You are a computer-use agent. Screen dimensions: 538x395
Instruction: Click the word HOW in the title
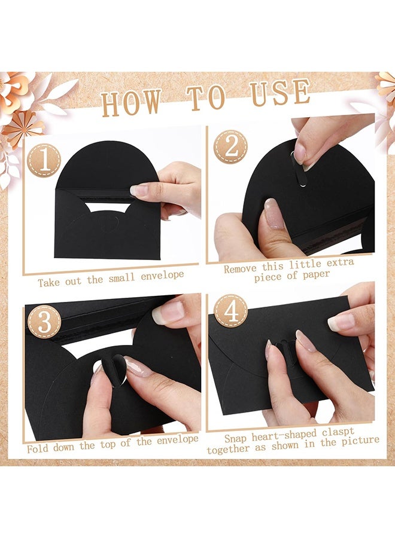[130, 102]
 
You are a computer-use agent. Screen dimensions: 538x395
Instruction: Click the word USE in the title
[277, 94]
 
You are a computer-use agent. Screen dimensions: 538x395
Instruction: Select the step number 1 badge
[44, 160]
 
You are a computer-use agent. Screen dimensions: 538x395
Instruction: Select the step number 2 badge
[230, 146]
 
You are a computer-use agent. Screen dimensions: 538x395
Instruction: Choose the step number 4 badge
[230, 311]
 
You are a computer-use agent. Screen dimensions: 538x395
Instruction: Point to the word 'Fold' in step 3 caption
[38, 447]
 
